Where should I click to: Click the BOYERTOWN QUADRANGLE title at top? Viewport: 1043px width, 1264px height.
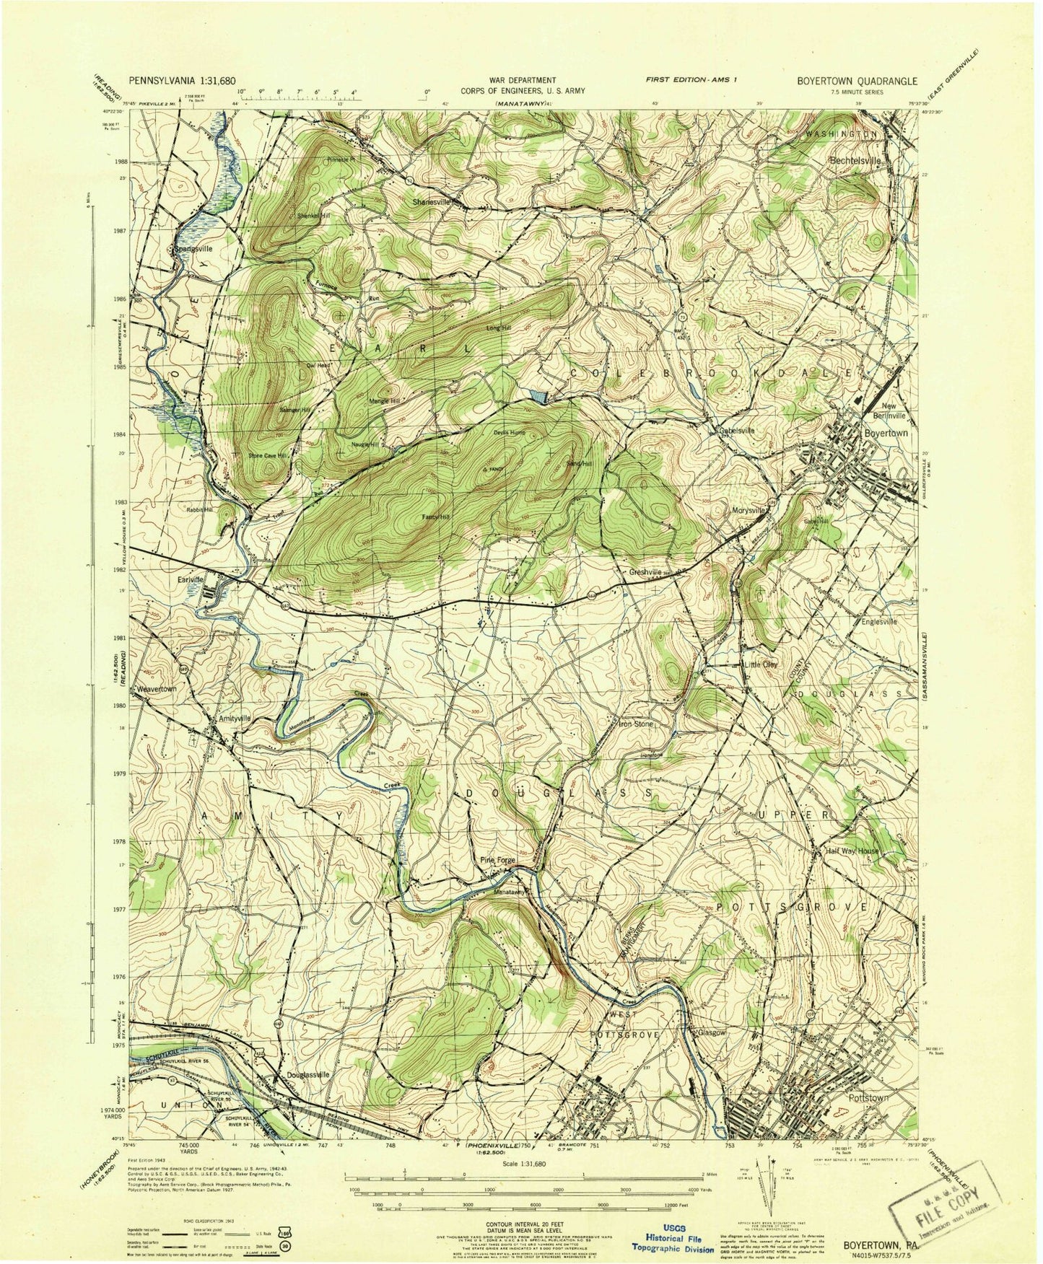[857, 82]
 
